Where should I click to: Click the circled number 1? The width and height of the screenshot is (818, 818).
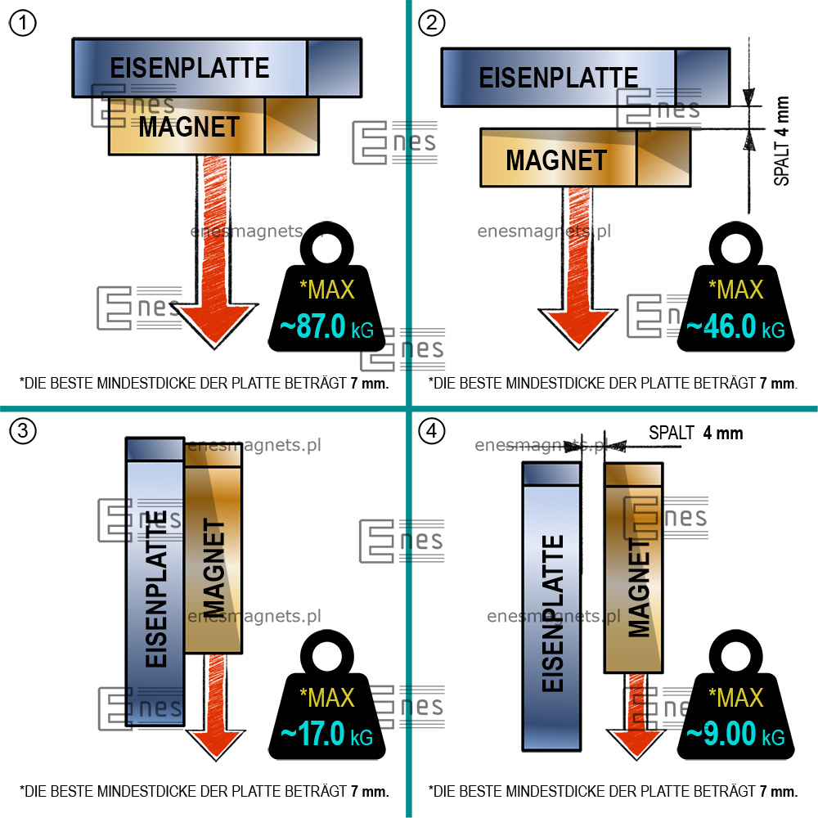click(23, 24)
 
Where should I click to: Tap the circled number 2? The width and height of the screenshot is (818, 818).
click(432, 24)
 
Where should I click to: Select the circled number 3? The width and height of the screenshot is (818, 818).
click(23, 432)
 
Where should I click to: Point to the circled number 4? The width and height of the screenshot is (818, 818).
click(431, 432)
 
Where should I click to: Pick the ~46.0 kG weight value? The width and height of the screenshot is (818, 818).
click(735, 328)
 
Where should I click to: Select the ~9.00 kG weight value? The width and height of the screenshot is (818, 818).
click(735, 734)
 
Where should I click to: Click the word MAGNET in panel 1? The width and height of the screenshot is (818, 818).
click(189, 127)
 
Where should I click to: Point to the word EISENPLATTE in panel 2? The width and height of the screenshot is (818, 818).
click(558, 78)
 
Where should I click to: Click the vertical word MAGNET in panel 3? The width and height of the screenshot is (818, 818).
click(213, 569)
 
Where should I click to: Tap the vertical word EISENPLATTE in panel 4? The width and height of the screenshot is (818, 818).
click(553, 613)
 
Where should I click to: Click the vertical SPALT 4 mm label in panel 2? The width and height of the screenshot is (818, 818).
click(782, 141)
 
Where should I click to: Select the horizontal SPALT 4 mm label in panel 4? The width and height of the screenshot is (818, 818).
click(695, 433)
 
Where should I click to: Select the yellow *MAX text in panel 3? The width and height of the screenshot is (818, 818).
click(327, 697)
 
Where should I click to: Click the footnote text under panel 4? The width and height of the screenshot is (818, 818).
click(612, 791)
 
